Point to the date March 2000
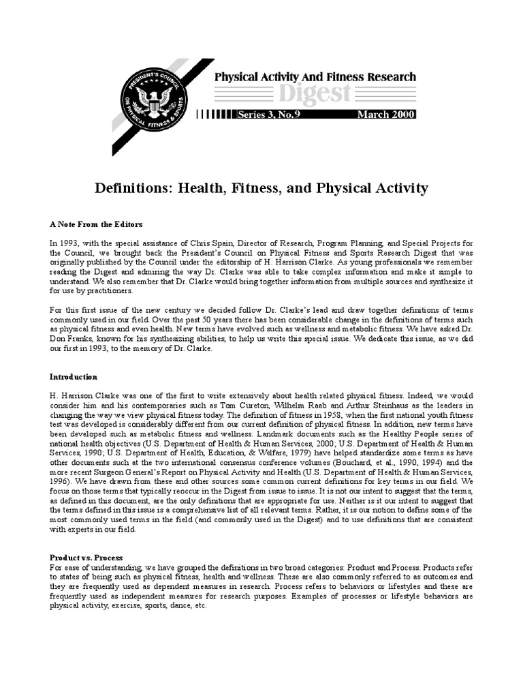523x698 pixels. pyautogui.click(x=386, y=115)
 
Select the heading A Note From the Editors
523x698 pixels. pyautogui.click(x=96, y=224)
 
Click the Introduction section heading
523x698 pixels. pyautogui.click(x=74, y=377)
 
